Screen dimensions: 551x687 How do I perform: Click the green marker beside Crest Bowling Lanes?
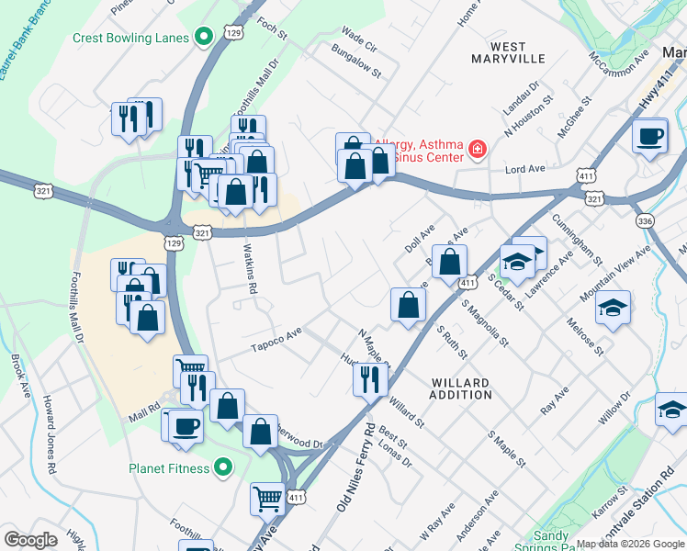tap(205, 38)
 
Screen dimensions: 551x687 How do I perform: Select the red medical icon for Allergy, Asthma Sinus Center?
tap(477, 150)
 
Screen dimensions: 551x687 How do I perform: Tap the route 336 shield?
tap(644, 221)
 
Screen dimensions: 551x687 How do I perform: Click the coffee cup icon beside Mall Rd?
tap(186, 427)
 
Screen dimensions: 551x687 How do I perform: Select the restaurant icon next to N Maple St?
tap(370, 377)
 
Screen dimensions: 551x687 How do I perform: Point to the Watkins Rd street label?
tap(248, 267)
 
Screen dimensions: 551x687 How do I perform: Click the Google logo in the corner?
tap(31, 540)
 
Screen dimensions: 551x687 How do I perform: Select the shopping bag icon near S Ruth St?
tap(408, 305)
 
